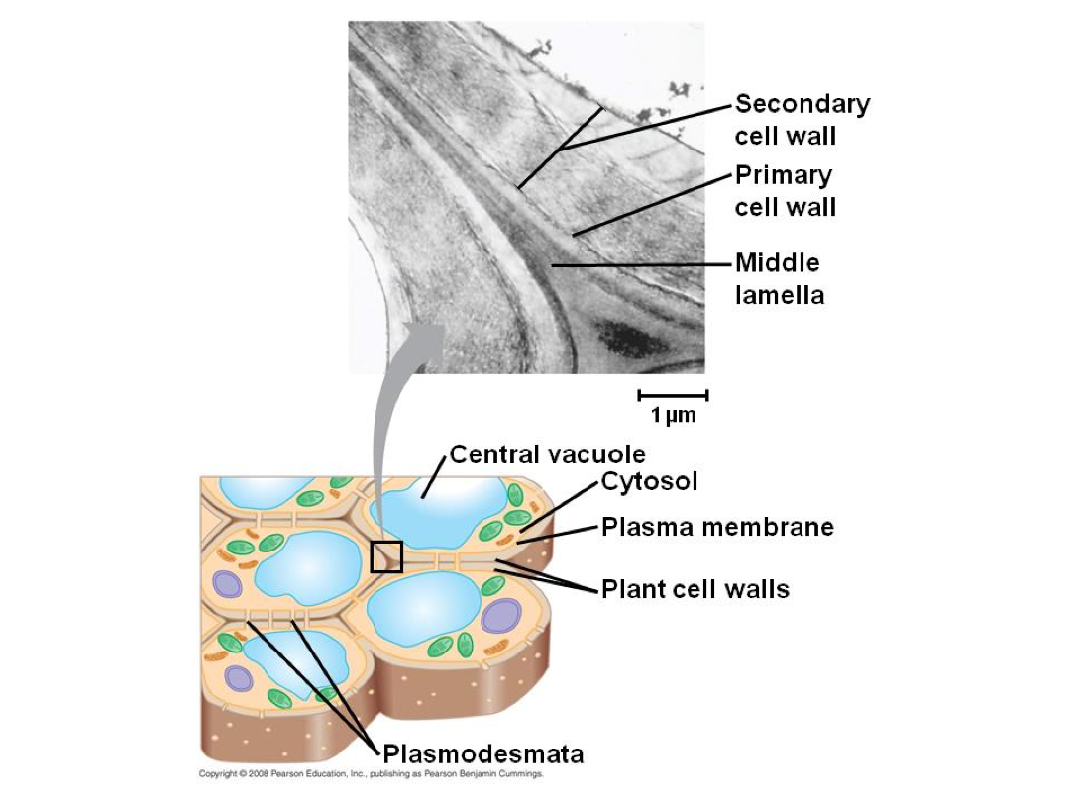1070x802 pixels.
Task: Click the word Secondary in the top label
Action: click(x=802, y=104)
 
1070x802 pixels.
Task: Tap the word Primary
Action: click(x=784, y=176)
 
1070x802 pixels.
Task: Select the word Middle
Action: click(x=778, y=262)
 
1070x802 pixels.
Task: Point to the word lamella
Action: click(x=780, y=295)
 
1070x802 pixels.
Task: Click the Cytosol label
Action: click(x=649, y=481)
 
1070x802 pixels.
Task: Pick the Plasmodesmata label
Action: click(x=483, y=754)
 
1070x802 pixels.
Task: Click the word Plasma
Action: click(x=649, y=527)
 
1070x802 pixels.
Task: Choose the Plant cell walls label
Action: click(x=695, y=589)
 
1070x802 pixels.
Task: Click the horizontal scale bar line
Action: click(x=673, y=395)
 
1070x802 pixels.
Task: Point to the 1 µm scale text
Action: click(x=673, y=415)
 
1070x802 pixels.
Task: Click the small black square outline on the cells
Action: click(x=386, y=543)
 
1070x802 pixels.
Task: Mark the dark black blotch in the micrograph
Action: click(x=624, y=337)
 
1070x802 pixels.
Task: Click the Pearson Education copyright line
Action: click(x=372, y=774)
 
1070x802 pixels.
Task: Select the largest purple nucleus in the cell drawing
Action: click(x=501, y=615)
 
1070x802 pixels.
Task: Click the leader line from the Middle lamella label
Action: click(x=641, y=264)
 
